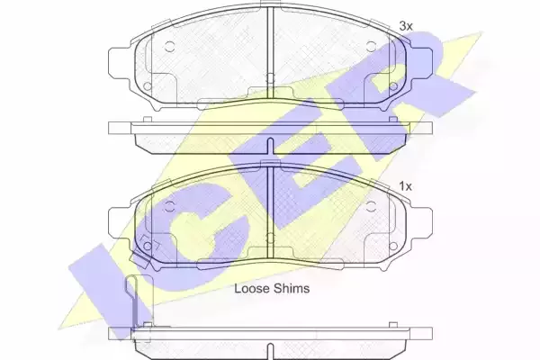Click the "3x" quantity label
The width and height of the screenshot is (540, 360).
pyautogui.click(x=405, y=26)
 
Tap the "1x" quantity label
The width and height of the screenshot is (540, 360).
pyautogui.click(x=405, y=186)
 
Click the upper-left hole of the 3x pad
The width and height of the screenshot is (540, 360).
pyautogui.click(x=169, y=46)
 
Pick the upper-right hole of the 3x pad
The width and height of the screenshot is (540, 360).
pyautogui.click(x=371, y=46)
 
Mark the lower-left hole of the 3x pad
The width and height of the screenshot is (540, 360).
pyautogui.click(x=147, y=86)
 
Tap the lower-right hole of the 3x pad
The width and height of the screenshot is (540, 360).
pyautogui.click(x=393, y=86)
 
